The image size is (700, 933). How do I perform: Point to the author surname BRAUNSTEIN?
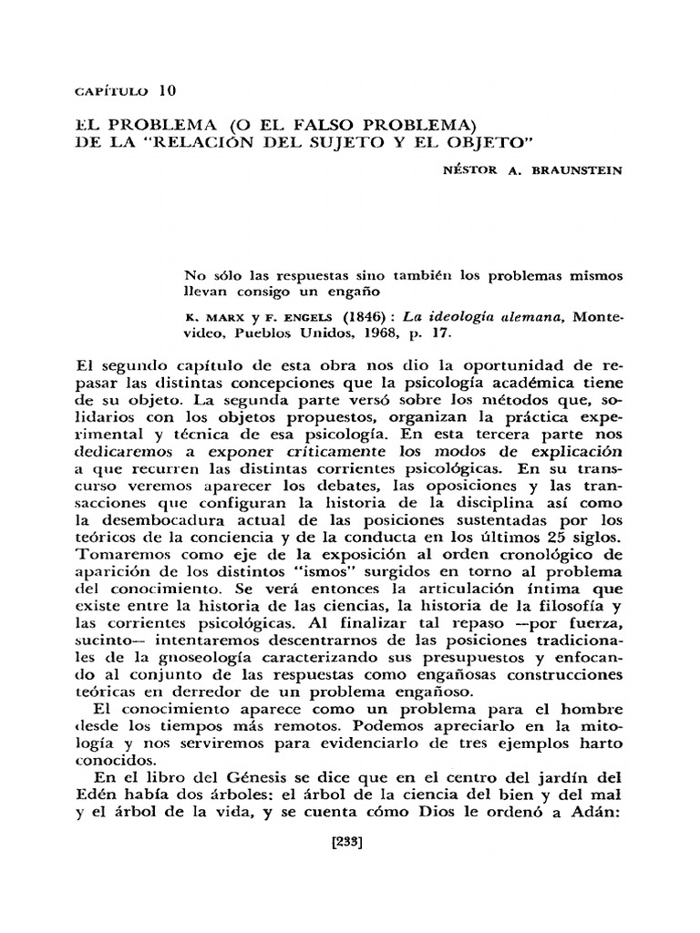tap(574, 170)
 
